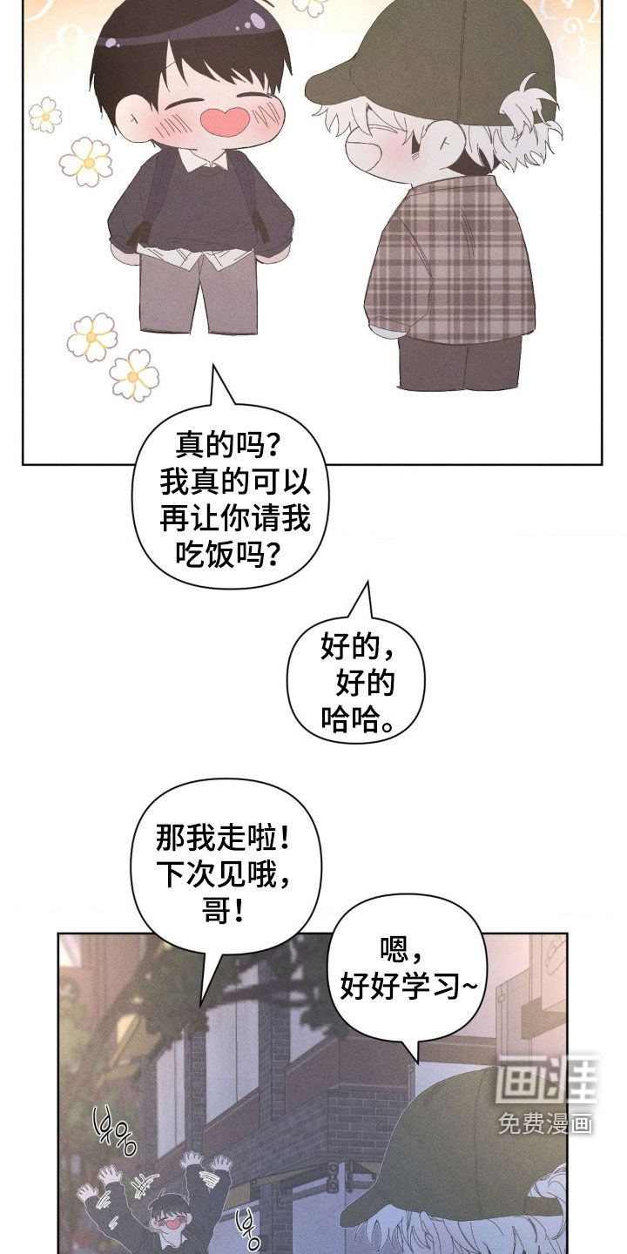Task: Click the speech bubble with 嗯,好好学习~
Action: [407, 968]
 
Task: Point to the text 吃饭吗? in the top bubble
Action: [227, 554]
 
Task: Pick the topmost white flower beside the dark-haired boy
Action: [45, 115]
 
